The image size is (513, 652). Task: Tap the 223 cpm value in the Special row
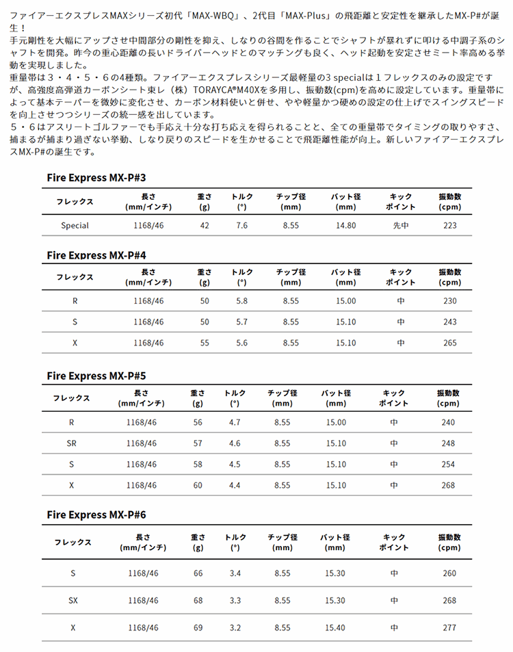[449, 225]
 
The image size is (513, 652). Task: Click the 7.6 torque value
[241, 225]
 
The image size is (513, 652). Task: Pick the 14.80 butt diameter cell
[346, 225]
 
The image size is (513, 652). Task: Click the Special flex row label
[75, 225]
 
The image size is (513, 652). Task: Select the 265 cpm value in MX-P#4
[449, 343]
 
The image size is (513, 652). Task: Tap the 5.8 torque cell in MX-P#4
[241, 300]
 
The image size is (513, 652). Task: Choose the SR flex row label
[72, 443]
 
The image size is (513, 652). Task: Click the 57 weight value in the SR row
[198, 443]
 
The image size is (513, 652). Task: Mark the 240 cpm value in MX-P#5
[448, 422]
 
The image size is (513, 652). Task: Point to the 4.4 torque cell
[235, 485]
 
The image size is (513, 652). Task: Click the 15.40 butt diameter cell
[336, 627]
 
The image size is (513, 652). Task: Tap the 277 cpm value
[449, 627]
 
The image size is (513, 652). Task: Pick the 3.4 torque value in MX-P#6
[235, 573]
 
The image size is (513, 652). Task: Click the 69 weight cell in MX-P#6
[198, 627]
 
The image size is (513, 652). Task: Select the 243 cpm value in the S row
[449, 322]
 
